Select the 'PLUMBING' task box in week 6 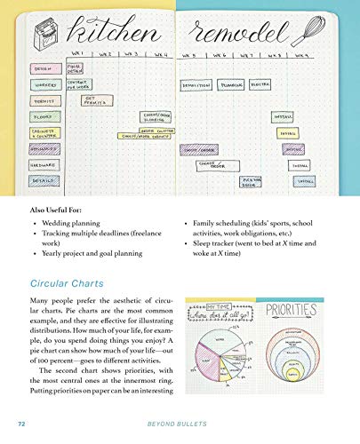(231, 85)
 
